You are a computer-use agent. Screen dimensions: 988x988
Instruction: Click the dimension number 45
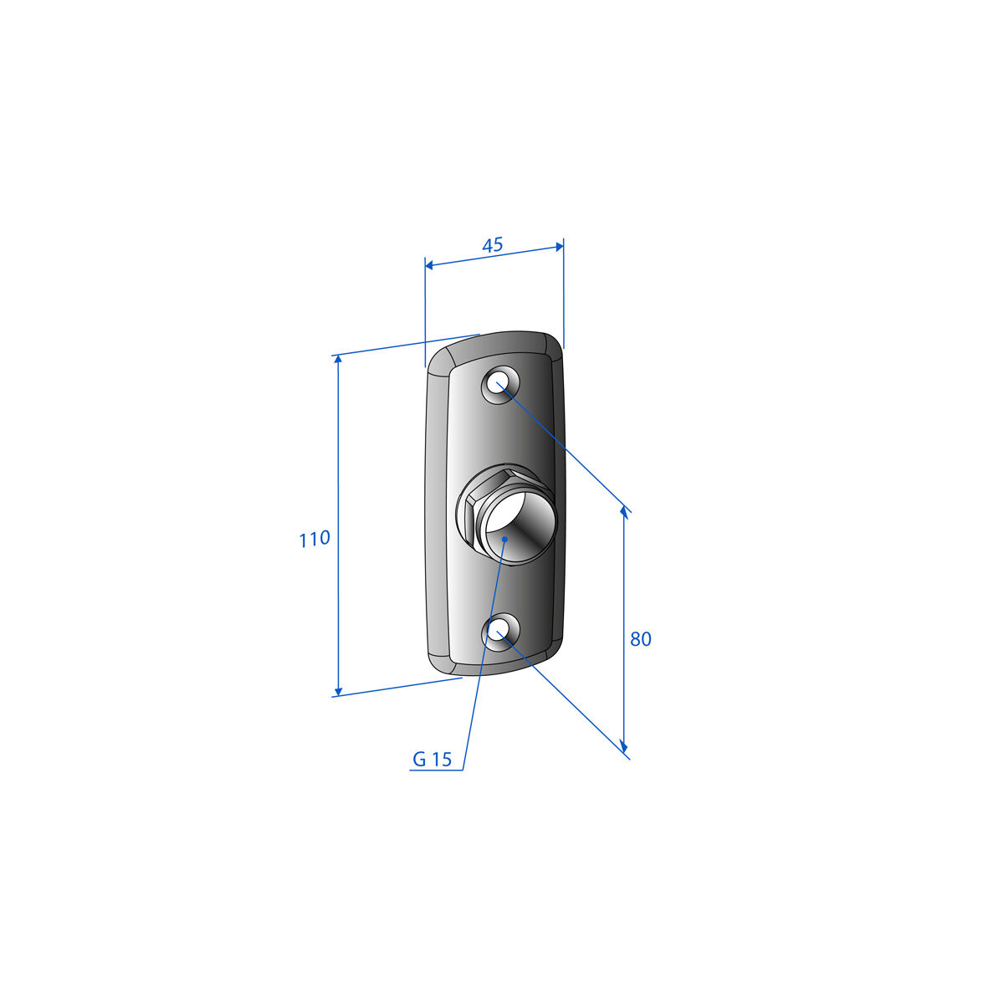click(492, 244)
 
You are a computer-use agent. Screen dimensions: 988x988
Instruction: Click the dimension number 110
click(315, 539)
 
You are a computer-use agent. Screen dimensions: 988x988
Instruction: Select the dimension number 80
click(640, 639)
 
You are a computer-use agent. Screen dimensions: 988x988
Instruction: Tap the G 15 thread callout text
click(433, 760)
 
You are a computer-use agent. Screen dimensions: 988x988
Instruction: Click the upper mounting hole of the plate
click(499, 383)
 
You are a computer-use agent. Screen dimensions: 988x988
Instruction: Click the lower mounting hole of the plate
click(499, 631)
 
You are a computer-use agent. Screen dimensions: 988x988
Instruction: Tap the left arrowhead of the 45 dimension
click(429, 265)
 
